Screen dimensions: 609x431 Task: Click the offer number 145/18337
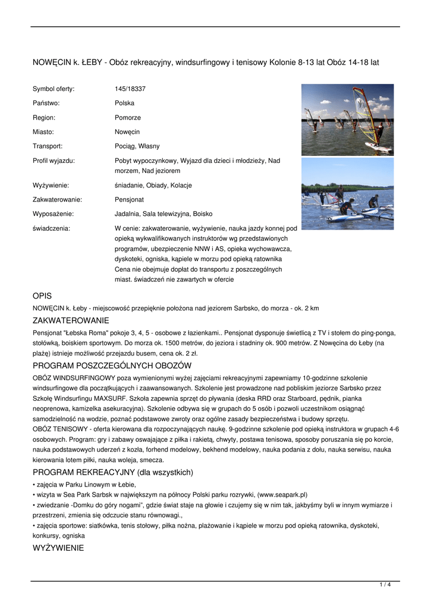pyautogui.click(x=130, y=89)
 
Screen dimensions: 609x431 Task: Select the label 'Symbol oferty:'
pyautogui.click(x=54, y=89)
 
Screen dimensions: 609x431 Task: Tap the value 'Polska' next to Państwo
pyautogui.click(x=124, y=103)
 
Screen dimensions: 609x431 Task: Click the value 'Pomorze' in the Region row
pyautogui.click(x=128, y=117)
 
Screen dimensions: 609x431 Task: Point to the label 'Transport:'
pyautogui.click(x=48, y=146)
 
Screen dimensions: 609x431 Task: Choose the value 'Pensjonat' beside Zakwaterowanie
pyautogui.click(x=129, y=199)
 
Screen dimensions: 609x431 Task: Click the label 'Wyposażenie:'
pyautogui.click(x=53, y=214)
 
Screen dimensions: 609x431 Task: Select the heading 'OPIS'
pyautogui.click(x=42, y=296)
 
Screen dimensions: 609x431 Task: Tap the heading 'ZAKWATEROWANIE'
pyautogui.click(x=71, y=321)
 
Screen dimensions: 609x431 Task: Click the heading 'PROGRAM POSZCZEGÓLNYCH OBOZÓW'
pyautogui.click(x=112, y=365)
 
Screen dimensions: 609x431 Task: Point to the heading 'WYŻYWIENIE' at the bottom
pyautogui.click(x=58, y=548)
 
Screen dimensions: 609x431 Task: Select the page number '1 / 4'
pyautogui.click(x=385, y=585)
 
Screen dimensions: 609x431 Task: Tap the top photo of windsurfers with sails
pyautogui.click(x=347, y=120)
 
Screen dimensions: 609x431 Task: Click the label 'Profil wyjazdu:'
pyautogui.click(x=54, y=161)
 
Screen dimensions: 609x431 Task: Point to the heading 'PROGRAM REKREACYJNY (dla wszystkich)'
pyautogui.click(x=113, y=472)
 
